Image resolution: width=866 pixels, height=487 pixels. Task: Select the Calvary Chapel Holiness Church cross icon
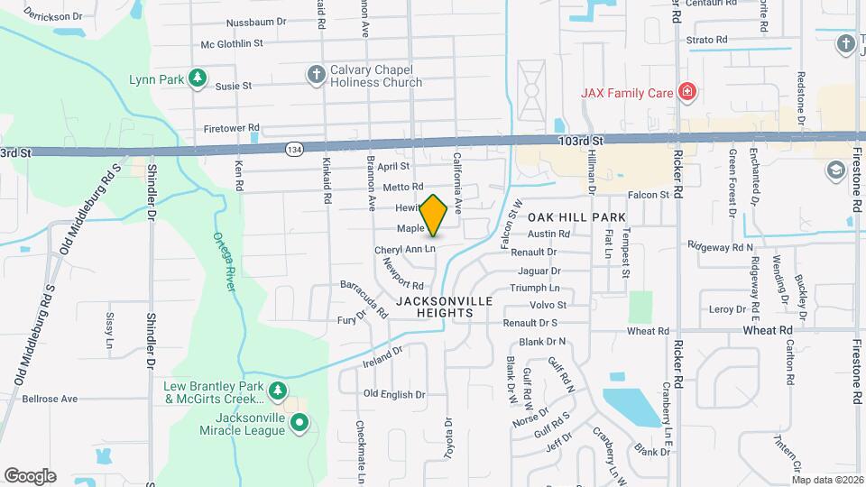[x=316, y=76]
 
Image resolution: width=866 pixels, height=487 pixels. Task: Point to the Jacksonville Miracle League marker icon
[x=300, y=422]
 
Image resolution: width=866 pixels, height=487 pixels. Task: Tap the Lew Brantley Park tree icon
[x=279, y=391]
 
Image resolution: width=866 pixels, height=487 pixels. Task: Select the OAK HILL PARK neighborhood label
[x=576, y=218]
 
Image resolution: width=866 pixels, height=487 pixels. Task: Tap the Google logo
[x=30, y=476]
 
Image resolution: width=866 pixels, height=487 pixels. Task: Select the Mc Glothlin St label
[x=232, y=42]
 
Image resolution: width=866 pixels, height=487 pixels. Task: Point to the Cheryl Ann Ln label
[x=405, y=249]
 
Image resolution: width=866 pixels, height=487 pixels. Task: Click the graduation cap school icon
[x=834, y=170]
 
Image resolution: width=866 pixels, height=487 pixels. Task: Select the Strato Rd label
[x=706, y=40]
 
